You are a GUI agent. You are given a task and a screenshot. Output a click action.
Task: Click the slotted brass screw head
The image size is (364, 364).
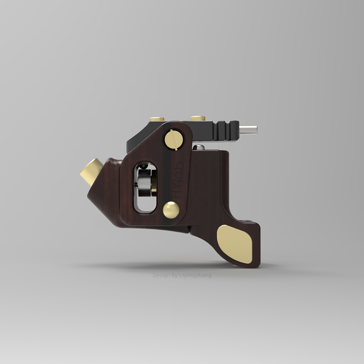[173, 139]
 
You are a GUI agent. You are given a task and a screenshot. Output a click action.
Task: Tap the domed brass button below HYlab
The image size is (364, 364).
[171, 210]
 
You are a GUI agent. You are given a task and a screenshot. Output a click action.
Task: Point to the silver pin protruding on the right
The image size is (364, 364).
[249, 129]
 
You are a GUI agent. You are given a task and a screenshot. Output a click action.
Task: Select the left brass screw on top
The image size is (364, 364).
[157, 119]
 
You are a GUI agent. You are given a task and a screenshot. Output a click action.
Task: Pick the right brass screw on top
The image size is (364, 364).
[198, 118]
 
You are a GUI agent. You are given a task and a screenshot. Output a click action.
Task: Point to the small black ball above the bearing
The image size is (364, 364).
[144, 166]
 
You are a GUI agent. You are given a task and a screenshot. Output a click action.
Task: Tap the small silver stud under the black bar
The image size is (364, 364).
[200, 147]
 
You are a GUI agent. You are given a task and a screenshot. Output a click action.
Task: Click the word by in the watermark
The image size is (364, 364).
[175, 276]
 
